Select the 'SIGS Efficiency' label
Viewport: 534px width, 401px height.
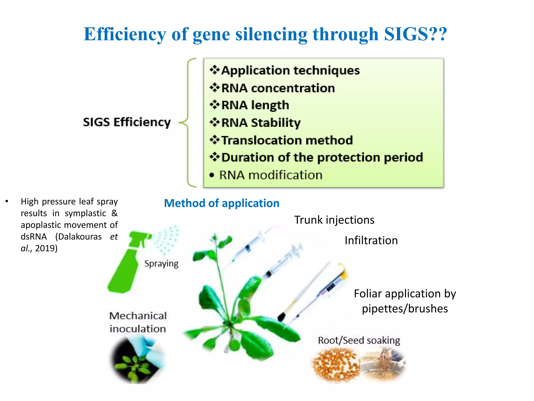[127, 122]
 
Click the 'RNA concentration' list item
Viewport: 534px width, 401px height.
[278, 88]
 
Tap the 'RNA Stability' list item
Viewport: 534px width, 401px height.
[261, 123]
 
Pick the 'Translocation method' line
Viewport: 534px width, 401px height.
[287, 140]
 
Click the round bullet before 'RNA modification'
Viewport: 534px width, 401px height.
[212, 175]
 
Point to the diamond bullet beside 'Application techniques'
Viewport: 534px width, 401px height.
[215, 70]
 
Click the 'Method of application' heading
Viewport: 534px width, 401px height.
[222, 203]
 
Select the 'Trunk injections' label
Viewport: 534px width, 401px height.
[334, 220]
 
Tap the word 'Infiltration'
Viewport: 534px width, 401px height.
[371, 240]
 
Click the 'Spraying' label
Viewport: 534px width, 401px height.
[161, 264]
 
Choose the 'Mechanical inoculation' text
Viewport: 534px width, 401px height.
[138, 322]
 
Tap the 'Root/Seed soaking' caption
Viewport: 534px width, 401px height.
[359, 340]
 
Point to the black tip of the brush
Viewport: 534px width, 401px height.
[281, 317]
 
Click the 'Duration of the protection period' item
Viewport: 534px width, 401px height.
[322, 157]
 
